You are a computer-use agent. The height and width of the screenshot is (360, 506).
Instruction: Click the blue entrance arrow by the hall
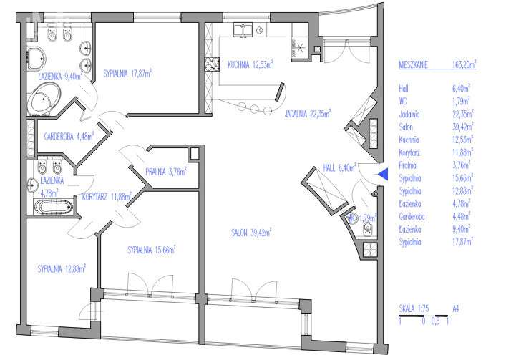[x=383, y=174]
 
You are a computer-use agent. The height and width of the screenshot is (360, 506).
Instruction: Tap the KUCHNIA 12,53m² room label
[x=250, y=64]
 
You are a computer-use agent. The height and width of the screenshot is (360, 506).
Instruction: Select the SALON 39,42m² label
[x=251, y=233]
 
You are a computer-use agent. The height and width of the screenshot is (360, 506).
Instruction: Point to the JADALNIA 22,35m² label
[x=308, y=114]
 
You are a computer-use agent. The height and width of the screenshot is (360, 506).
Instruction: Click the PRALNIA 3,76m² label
[x=166, y=172]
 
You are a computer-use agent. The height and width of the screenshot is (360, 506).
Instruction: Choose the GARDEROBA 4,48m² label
[x=69, y=136]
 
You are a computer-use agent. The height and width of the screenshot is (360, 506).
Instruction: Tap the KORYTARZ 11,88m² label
[x=107, y=196]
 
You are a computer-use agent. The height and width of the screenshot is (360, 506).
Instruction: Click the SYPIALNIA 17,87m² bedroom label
[x=127, y=74]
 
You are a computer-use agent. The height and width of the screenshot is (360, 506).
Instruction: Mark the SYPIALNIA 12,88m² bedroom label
[x=62, y=268]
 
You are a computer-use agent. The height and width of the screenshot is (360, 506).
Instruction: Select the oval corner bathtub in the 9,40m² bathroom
[x=44, y=99]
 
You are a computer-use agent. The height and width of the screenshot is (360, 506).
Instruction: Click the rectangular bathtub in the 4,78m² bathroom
[x=54, y=207]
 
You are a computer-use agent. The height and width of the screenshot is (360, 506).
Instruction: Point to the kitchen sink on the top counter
[x=243, y=29]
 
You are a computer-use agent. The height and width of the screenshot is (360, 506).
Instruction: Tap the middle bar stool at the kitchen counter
[x=254, y=109]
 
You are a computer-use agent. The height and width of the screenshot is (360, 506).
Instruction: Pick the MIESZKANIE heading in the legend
[x=414, y=65]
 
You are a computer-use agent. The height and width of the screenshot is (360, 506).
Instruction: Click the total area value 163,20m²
[x=464, y=64]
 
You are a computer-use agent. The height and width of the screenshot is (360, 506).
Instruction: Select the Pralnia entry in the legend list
[x=407, y=165]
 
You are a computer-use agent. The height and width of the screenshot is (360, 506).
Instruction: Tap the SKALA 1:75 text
[x=414, y=308]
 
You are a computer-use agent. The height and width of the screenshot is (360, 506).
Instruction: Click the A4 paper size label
[x=456, y=308]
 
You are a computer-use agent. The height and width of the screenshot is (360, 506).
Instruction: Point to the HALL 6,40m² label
[x=339, y=167]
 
